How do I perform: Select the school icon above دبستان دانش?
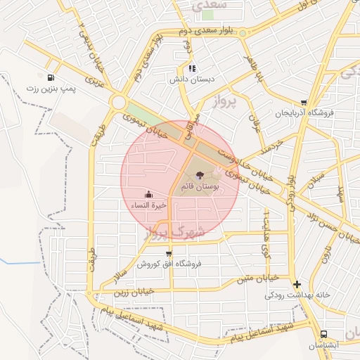click(192, 68)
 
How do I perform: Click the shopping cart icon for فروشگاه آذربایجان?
click(303, 102)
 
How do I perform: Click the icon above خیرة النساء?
click(148, 193)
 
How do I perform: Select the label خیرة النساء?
click(148, 205)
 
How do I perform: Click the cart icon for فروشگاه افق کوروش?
click(168, 253)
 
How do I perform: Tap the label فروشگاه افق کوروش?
click(169, 264)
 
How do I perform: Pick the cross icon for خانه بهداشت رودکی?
click(297, 285)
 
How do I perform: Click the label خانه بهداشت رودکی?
click(297, 295)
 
